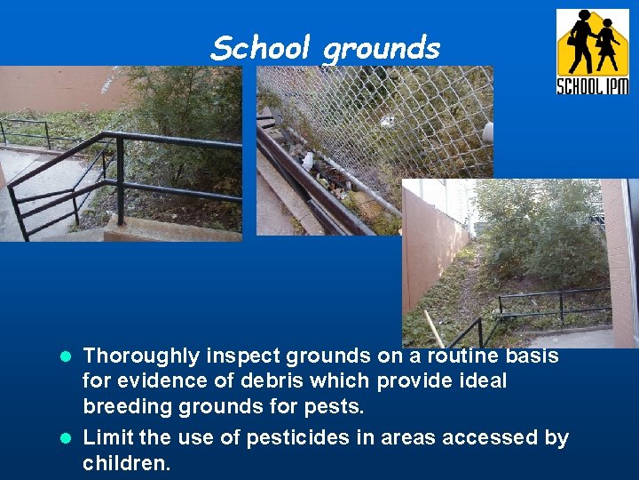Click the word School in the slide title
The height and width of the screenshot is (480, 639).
click(x=262, y=47)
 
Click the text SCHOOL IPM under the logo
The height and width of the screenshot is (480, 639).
click(x=592, y=85)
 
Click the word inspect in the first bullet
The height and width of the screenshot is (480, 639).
click(x=246, y=356)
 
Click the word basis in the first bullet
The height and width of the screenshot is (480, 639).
click(x=530, y=356)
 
